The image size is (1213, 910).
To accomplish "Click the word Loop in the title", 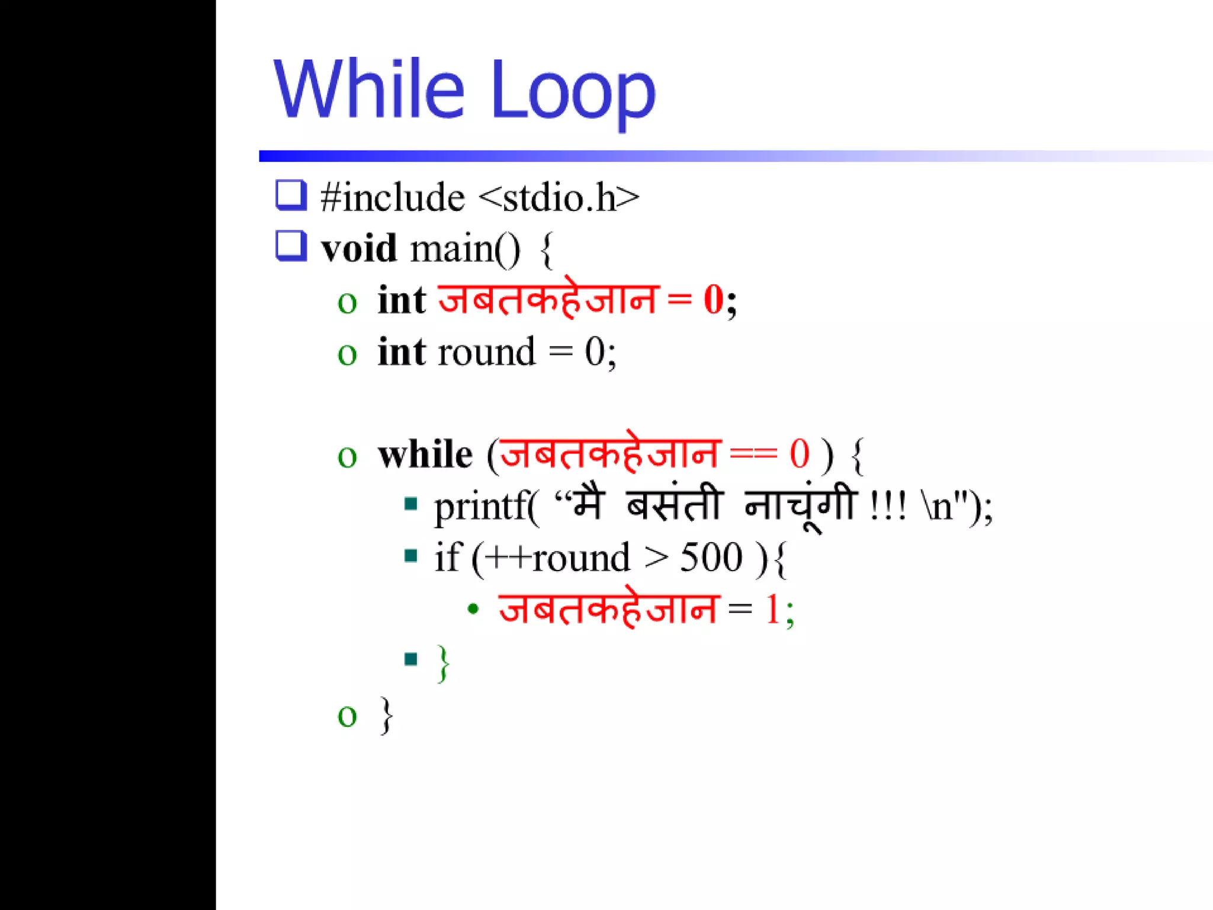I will (573, 92).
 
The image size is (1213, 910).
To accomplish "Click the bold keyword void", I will (358, 248).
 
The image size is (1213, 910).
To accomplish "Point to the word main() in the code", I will (466, 248).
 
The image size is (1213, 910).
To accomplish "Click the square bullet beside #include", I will (291, 195).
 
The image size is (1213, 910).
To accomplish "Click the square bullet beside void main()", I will (291, 246).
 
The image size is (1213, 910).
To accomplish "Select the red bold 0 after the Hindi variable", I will (713, 300).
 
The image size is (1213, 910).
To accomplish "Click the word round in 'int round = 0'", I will (486, 352).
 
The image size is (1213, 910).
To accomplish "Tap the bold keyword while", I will (425, 455).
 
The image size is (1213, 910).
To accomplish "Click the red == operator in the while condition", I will (753, 455).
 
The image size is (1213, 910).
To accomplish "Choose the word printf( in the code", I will (486, 507).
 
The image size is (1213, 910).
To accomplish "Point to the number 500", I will (711, 557).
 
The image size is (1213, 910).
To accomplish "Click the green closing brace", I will (443, 663).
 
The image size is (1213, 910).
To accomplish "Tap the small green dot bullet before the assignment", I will (473, 609).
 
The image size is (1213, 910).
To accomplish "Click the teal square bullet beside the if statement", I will (411, 556).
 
